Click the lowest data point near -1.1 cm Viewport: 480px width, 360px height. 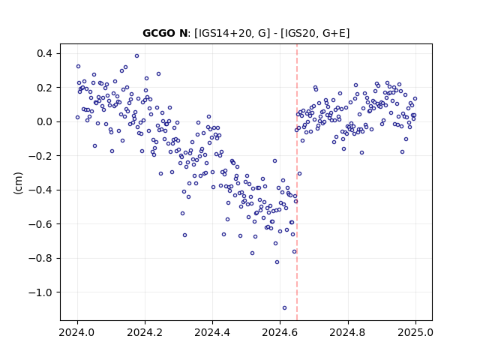pos(284,308)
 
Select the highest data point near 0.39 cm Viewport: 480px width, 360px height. pos(136,55)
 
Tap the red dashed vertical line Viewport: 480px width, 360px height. pos(297,182)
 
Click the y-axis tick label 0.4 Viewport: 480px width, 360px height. pos(44,53)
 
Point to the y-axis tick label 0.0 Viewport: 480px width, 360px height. pos(44,121)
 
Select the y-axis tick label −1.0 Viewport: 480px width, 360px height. pos(40,292)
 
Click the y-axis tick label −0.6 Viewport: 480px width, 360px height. pos(40,224)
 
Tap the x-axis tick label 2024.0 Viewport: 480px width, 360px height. pos(77,332)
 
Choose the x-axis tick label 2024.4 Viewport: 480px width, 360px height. pos(212,332)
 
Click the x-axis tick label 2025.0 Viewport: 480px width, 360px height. pos(415,332)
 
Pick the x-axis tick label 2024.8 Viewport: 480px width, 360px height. pos(348,332)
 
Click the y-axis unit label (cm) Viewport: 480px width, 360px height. pos(18,183)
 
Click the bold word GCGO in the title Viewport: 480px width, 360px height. pos(158,33)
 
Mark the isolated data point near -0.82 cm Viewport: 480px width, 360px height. pos(277,262)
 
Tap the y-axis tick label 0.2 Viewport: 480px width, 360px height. pos(44,88)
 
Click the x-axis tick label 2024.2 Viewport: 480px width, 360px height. pos(145,332)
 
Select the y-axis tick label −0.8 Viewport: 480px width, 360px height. pos(40,258)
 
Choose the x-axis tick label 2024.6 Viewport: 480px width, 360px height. pos(280,332)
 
